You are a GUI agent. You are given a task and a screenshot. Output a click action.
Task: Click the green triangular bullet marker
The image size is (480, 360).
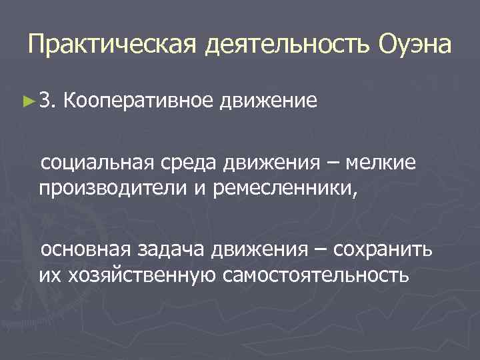[27, 101]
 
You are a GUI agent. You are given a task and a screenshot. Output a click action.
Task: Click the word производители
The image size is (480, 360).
[114, 186]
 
